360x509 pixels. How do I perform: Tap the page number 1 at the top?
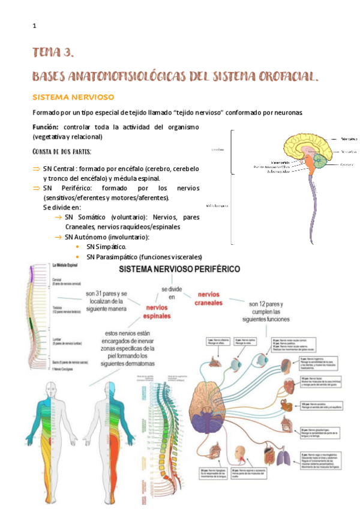[35, 26]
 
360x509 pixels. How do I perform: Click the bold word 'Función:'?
[46, 127]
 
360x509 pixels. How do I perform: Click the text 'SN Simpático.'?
[106, 247]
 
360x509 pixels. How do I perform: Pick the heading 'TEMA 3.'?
[53, 53]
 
